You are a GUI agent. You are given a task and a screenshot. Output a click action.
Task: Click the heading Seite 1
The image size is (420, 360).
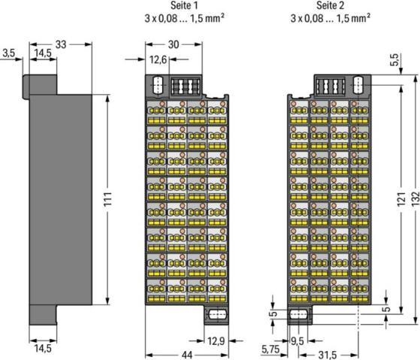[184, 5]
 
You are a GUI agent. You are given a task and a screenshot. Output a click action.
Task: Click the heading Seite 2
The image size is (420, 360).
[331, 5]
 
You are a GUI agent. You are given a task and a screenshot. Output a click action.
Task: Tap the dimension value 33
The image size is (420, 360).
[61, 44]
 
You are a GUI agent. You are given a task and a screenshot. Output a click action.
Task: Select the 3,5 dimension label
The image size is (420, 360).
[9, 53]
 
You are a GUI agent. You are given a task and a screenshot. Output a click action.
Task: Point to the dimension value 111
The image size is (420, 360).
[107, 199]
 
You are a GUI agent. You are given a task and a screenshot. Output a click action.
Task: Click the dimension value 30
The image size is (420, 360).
[174, 44]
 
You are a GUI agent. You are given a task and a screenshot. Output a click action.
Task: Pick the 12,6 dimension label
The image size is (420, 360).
[158, 59]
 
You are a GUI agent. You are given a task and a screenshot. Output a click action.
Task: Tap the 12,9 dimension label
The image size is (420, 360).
[216, 341]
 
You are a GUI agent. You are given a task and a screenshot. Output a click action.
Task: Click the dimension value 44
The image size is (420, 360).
[187, 355]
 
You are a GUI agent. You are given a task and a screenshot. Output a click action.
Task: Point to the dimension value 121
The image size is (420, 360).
[401, 199]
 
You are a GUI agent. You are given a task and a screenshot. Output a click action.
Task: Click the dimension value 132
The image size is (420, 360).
[415, 199]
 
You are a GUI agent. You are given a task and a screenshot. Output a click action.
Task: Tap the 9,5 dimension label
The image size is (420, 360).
[298, 341]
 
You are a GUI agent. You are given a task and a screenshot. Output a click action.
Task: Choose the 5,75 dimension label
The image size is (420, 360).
[270, 349]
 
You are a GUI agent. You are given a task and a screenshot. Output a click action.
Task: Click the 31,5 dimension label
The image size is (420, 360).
[328, 355]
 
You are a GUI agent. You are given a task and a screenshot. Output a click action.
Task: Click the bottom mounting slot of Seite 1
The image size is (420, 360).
[217, 314]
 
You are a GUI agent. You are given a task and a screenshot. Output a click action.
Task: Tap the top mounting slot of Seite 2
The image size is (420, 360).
[358, 85]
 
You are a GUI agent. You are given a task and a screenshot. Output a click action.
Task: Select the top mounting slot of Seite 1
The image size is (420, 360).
[158, 85]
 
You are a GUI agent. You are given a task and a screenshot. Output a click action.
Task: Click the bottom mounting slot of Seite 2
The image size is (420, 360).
[299, 314]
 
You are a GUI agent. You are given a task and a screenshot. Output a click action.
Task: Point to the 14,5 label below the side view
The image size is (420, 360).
[43, 349]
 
